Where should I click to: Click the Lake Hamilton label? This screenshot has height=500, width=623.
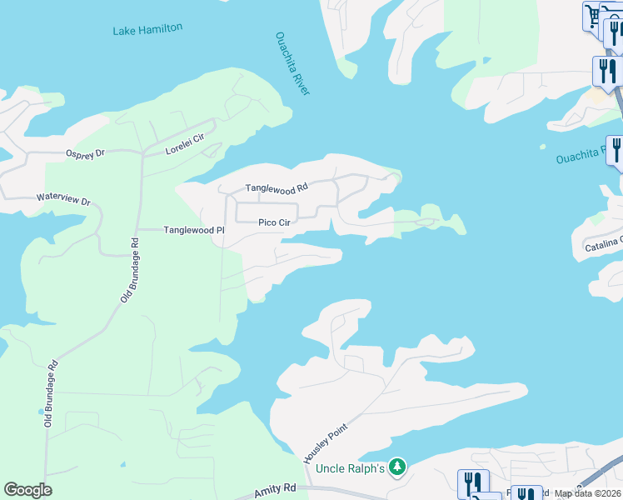(x=147, y=30)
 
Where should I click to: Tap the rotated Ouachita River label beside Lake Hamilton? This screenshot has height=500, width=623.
(x=292, y=63)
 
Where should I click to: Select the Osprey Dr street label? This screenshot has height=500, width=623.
(x=85, y=153)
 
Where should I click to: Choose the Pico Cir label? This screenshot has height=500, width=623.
(x=273, y=222)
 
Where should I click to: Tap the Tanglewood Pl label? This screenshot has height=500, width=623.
(x=194, y=230)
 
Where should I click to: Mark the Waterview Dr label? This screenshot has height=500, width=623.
(x=62, y=201)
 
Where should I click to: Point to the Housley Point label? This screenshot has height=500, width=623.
(x=324, y=442)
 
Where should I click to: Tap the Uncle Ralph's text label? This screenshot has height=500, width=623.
(x=350, y=468)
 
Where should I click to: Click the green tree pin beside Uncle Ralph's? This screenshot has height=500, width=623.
(x=398, y=467)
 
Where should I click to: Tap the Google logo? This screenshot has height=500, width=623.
(x=27, y=490)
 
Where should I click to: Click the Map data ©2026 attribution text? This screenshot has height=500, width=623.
(x=588, y=493)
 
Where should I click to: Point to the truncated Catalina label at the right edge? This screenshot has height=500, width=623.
(x=602, y=247)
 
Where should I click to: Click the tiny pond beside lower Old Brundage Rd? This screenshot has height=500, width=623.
(x=40, y=412)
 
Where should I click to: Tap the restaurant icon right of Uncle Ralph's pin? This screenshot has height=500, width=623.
(x=472, y=482)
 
